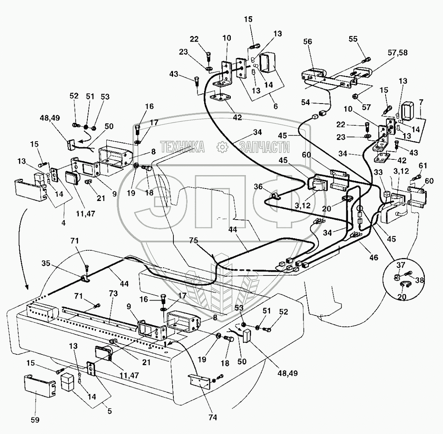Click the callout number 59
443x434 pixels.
pos(35,420)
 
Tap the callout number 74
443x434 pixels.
pos(213,417)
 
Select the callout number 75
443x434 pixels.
pos(193,240)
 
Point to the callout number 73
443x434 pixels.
pos(113,293)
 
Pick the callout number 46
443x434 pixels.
pos(373,257)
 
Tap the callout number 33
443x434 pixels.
pos(378,172)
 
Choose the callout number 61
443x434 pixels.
pos(423,166)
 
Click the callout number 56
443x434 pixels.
pos(307,42)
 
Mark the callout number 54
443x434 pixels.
pos(306,102)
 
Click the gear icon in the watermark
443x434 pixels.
pos(222,147)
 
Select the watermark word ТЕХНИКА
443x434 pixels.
pos(183,147)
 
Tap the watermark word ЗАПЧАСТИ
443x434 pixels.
pos(264,147)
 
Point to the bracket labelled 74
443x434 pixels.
pos(200,381)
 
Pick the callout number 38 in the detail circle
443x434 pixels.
pos(420,279)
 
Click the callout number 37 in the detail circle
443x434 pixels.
pos(401,265)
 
